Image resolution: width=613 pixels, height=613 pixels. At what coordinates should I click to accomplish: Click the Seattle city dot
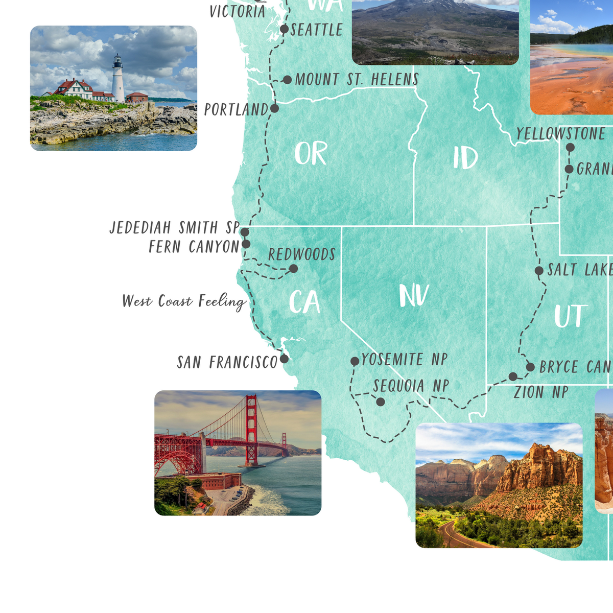(x=285, y=29)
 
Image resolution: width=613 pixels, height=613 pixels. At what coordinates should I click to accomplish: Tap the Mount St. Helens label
(x=357, y=80)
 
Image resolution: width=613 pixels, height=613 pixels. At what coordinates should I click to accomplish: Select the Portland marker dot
(x=274, y=108)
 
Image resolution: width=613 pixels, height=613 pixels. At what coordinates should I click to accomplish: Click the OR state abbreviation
(x=311, y=153)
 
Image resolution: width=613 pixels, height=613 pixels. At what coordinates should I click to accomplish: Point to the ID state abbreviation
(x=465, y=158)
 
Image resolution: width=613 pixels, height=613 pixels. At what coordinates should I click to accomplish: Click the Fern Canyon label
(x=194, y=247)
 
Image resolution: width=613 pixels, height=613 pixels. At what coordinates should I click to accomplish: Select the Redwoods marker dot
(x=293, y=268)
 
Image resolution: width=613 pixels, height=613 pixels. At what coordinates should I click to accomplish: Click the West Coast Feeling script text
(x=184, y=301)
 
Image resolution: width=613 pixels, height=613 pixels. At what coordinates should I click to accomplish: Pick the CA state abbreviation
(x=304, y=302)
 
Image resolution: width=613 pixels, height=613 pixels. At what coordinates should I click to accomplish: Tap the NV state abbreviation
(x=414, y=296)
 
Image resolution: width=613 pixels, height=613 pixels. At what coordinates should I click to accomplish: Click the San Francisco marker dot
(x=284, y=359)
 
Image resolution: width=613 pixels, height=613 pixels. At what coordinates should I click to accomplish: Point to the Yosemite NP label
(x=404, y=360)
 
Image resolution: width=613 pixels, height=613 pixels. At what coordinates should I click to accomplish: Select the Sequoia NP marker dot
(x=381, y=402)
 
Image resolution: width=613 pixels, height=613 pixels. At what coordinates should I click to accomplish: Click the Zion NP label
(x=541, y=392)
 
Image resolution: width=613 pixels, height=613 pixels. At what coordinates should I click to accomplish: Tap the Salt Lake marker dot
(x=539, y=270)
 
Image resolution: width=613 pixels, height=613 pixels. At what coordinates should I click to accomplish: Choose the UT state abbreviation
(x=569, y=316)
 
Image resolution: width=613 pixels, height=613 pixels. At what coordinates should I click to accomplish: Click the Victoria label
(x=238, y=11)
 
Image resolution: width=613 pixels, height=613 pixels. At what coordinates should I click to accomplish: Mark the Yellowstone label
(x=560, y=134)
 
